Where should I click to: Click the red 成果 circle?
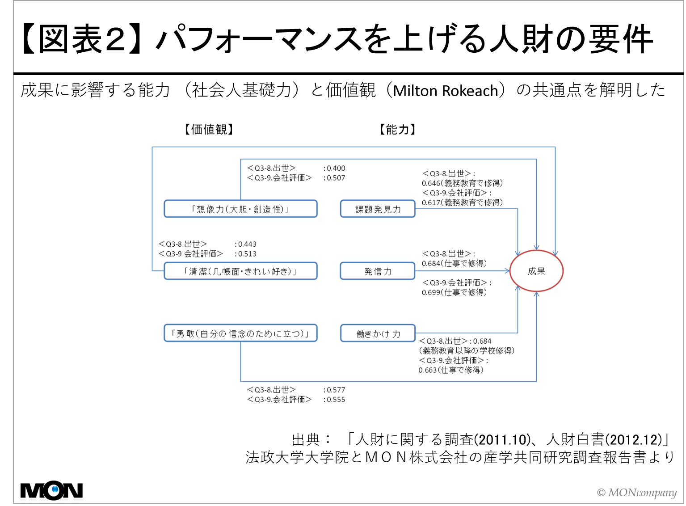536,271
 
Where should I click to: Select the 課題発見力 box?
378,209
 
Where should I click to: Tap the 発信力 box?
378,271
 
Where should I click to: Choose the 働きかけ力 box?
378,333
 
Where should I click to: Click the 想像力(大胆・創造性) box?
240,209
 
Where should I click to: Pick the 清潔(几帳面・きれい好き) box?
240,271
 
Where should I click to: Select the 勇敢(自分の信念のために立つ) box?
240,333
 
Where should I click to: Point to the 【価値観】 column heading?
209,130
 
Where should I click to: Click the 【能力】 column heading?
397,130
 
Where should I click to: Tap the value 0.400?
336,168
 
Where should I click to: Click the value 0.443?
247,244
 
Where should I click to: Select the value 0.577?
336,390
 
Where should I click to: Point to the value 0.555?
336,400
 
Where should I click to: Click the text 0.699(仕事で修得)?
454,292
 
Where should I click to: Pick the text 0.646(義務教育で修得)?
462,183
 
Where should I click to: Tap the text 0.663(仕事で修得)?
451,370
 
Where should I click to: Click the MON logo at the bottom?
51,490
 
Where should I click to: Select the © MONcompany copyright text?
637,492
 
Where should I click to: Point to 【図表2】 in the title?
81,39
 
